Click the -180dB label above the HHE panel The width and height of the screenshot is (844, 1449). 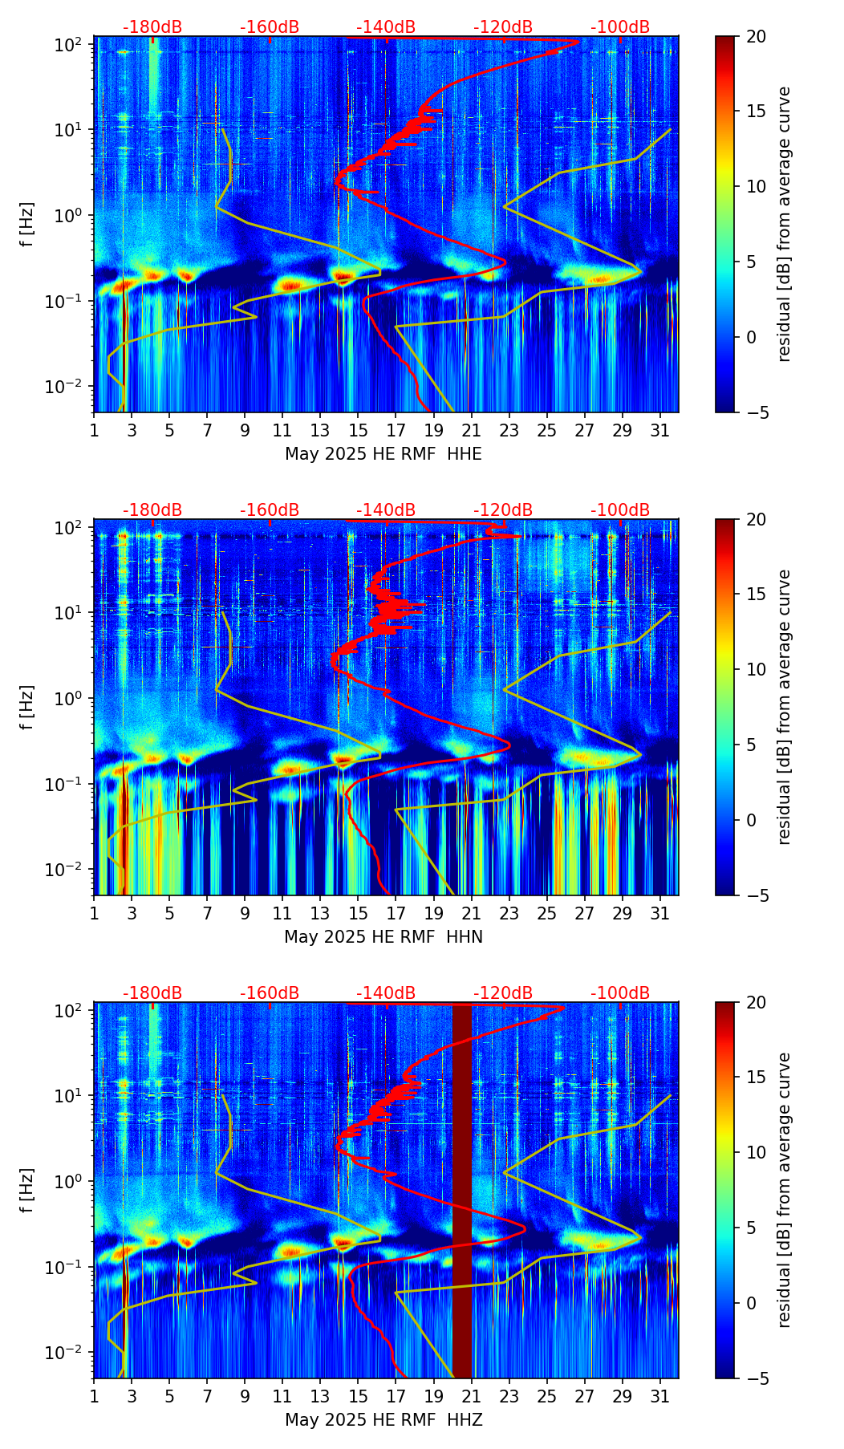point(152,27)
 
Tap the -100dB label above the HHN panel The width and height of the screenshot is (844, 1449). point(620,510)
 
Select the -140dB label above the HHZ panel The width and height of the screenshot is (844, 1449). point(386,993)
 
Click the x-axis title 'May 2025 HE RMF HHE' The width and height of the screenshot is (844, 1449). point(383,454)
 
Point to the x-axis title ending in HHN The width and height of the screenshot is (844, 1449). point(383,937)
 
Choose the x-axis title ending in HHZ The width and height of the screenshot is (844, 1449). point(383,1420)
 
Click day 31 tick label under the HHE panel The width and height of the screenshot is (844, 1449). point(660,430)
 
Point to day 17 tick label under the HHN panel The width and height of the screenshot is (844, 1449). point(396,913)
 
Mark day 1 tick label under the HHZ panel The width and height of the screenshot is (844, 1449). point(95,1396)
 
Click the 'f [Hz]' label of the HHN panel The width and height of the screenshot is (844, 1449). point(27,708)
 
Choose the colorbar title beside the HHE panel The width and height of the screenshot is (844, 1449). point(785,225)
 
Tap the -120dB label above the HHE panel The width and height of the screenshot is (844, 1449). point(503,27)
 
